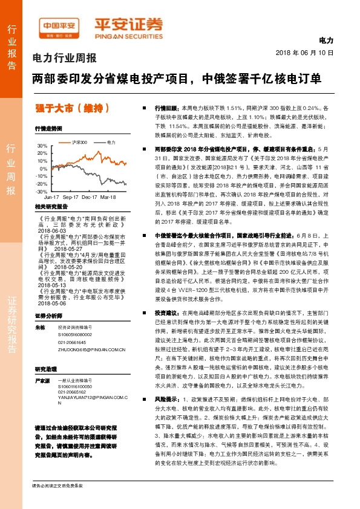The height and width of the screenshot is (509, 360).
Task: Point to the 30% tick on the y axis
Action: tap(42, 146)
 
